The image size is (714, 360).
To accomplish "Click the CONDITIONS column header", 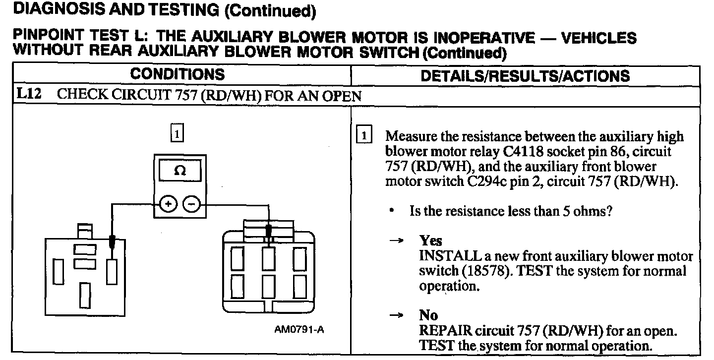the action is (x=177, y=74).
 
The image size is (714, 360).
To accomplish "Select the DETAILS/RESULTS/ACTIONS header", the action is (x=525, y=75).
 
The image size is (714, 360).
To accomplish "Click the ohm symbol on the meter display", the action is (x=180, y=171).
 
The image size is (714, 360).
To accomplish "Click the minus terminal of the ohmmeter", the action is (x=191, y=204).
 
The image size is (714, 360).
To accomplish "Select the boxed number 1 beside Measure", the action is (x=364, y=136).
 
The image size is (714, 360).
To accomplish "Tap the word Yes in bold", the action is (x=430, y=241).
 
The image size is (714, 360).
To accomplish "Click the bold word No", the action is (x=428, y=315).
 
